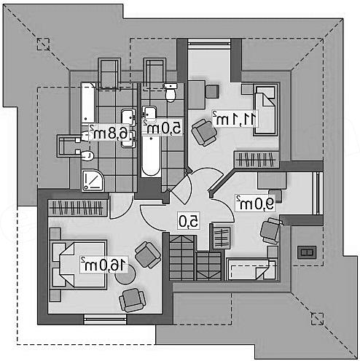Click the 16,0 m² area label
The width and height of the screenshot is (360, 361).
104,265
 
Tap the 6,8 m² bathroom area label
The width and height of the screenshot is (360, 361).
109,133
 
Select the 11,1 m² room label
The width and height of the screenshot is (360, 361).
235,119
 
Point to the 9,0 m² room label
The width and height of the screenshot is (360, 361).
256,203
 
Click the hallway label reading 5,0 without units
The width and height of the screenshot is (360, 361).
189,221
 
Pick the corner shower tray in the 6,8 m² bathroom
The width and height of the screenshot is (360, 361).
93,180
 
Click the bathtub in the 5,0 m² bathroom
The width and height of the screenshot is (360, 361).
151,156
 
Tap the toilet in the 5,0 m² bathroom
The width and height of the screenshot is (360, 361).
171,93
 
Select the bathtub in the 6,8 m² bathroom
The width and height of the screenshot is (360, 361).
88,103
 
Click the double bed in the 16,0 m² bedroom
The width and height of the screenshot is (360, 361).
78,265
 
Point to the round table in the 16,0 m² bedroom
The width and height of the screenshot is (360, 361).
125,274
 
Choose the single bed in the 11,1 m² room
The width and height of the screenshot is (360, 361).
265,109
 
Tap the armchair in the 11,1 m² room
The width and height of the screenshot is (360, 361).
204,132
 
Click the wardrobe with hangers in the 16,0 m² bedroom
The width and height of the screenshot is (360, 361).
78,208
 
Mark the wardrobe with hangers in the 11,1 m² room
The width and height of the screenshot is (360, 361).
257,159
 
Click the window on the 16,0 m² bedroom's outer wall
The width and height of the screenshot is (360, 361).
105,319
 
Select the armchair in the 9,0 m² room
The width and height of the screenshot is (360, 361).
271,231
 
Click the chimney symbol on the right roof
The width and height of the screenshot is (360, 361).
307,252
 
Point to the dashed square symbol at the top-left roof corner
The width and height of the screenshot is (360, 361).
43,44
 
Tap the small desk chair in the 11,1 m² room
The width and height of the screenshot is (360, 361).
212,91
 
